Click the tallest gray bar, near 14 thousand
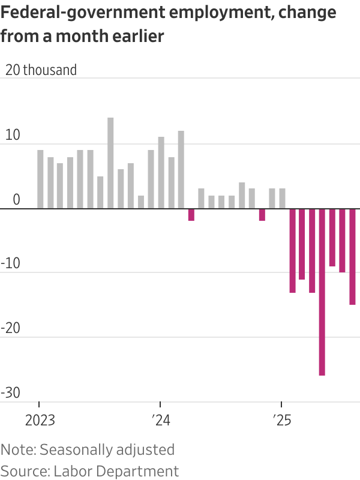click(x=110, y=163)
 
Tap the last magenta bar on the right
click(x=353, y=257)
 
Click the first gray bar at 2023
click(x=40, y=179)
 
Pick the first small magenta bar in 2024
click(x=191, y=215)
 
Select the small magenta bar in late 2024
click(x=262, y=215)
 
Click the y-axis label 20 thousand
click(x=41, y=70)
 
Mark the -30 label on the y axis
click(x=13, y=393)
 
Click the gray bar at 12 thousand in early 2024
click(x=181, y=170)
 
